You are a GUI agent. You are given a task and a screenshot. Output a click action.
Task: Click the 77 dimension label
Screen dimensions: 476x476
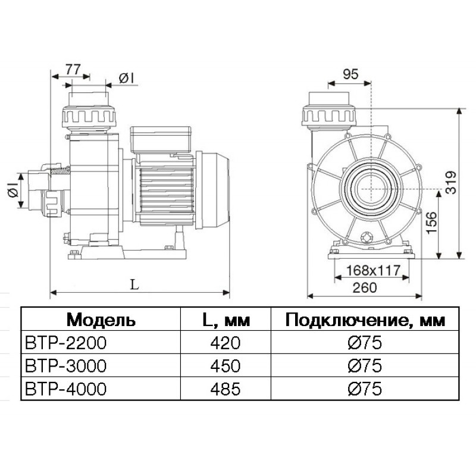[x=73, y=70]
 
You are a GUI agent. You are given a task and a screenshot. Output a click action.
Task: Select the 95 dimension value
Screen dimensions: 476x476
[x=350, y=74]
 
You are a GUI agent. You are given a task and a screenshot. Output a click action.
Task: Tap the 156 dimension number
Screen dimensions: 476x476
[x=432, y=223]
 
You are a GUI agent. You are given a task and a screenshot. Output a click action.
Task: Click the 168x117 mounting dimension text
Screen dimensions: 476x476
[x=374, y=270]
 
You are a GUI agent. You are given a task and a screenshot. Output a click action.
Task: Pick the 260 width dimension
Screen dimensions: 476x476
[x=365, y=287]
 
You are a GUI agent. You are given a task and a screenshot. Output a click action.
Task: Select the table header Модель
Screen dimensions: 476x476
[x=101, y=320]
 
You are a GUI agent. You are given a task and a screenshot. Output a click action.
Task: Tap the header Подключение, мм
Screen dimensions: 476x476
[x=365, y=320]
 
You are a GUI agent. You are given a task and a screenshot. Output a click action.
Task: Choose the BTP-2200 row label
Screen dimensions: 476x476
[x=66, y=343]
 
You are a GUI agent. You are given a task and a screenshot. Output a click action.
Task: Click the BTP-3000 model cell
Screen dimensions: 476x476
[x=66, y=365]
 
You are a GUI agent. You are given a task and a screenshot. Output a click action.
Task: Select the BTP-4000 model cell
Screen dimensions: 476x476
[x=66, y=389]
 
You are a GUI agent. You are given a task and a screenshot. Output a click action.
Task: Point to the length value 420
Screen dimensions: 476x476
[x=226, y=343]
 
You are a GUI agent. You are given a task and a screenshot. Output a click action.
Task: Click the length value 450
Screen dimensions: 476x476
[x=226, y=365]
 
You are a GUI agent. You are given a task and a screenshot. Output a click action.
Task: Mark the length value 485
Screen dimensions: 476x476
[x=226, y=389]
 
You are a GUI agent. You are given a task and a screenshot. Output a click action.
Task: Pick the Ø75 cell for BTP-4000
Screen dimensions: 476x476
[x=365, y=389]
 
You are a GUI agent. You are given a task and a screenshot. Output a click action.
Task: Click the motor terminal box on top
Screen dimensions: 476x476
[x=161, y=140]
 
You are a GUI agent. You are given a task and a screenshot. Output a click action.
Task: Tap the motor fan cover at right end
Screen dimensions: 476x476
[x=212, y=190]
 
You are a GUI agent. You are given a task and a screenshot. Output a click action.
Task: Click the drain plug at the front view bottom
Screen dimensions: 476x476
[x=367, y=237]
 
